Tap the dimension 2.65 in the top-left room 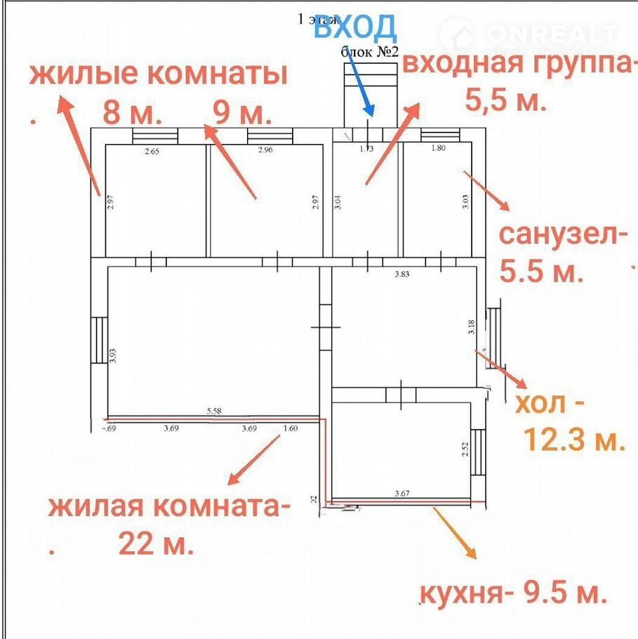pyautogui.click(x=153, y=150)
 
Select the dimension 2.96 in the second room pyautogui.click(x=265, y=150)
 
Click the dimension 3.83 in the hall pyautogui.click(x=402, y=275)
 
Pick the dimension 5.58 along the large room pyautogui.click(x=214, y=411)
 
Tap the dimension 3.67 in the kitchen pyautogui.click(x=401, y=494)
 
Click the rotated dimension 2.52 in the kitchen pyautogui.click(x=465, y=449)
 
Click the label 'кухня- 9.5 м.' pyautogui.click(x=512, y=594)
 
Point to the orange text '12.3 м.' pyautogui.click(x=574, y=440)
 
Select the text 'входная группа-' pyautogui.click(x=519, y=63)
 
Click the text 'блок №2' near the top pyautogui.click(x=370, y=51)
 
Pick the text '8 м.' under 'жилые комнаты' pyautogui.click(x=133, y=112)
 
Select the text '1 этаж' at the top pyautogui.click(x=317, y=19)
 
